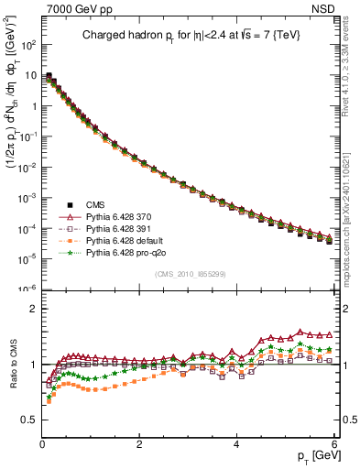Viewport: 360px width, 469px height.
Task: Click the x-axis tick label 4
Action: coord(237,442)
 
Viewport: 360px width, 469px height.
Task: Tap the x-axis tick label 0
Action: coord(42,442)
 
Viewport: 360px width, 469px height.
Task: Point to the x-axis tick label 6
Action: coord(334,442)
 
